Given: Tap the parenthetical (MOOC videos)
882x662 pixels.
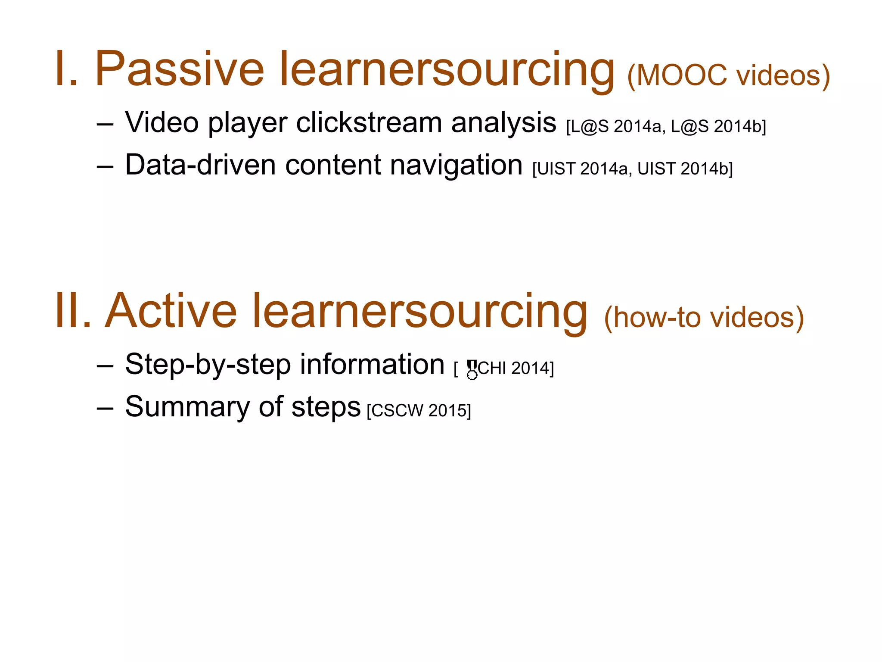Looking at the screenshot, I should tap(728, 76).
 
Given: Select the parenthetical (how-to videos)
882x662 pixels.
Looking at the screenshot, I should tap(704, 318).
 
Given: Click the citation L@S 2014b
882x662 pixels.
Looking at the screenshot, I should tap(717, 127).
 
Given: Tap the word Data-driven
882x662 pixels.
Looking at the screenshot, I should tap(200, 165).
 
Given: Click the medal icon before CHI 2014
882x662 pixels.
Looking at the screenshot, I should tap(472, 369).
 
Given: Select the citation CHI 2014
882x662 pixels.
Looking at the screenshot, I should tap(515, 368).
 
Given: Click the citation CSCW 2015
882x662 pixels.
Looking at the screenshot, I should tap(419, 411).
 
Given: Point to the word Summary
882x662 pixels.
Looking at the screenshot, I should tap(187, 408).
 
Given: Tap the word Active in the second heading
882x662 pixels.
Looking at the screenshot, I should tap(171, 311).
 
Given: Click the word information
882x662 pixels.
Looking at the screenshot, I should tap(372, 365).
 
